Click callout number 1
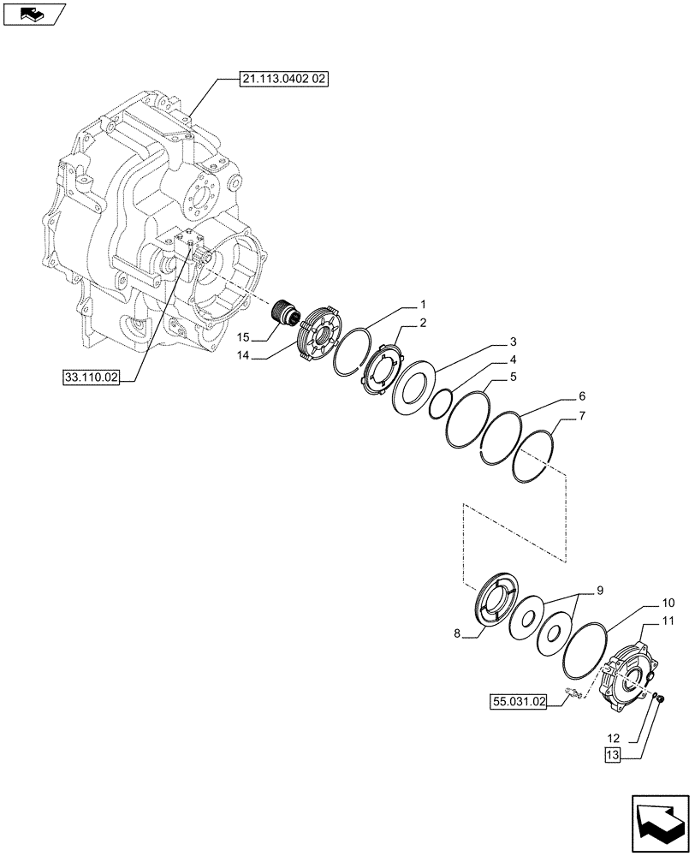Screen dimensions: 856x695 click(423, 305)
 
